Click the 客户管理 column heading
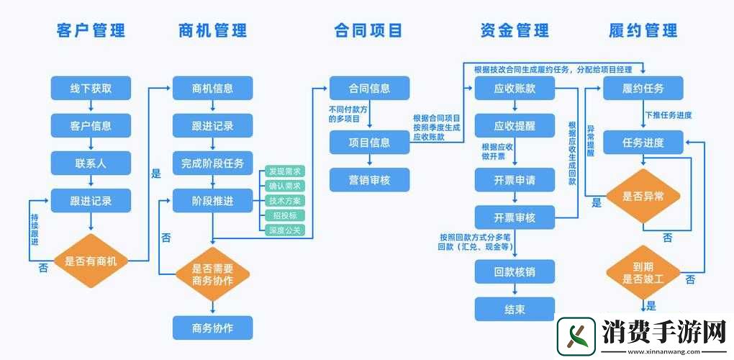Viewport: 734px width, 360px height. point(91,30)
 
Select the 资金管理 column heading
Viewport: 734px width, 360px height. point(514,30)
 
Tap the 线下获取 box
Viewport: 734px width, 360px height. point(91,89)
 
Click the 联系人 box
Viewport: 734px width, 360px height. point(91,163)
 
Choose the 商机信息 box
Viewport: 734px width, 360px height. point(212,89)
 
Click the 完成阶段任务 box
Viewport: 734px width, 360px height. point(212,163)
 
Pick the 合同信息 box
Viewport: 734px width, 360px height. point(369,89)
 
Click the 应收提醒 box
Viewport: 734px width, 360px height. point(515,125)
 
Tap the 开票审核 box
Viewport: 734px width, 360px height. point(515,217)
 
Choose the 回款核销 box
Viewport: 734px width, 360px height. point(515,272)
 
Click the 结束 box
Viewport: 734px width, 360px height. point(515,309)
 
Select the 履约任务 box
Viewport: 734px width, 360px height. point(643,89)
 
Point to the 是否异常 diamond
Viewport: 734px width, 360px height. point(643,195)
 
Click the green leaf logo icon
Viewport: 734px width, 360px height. point(578,337)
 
